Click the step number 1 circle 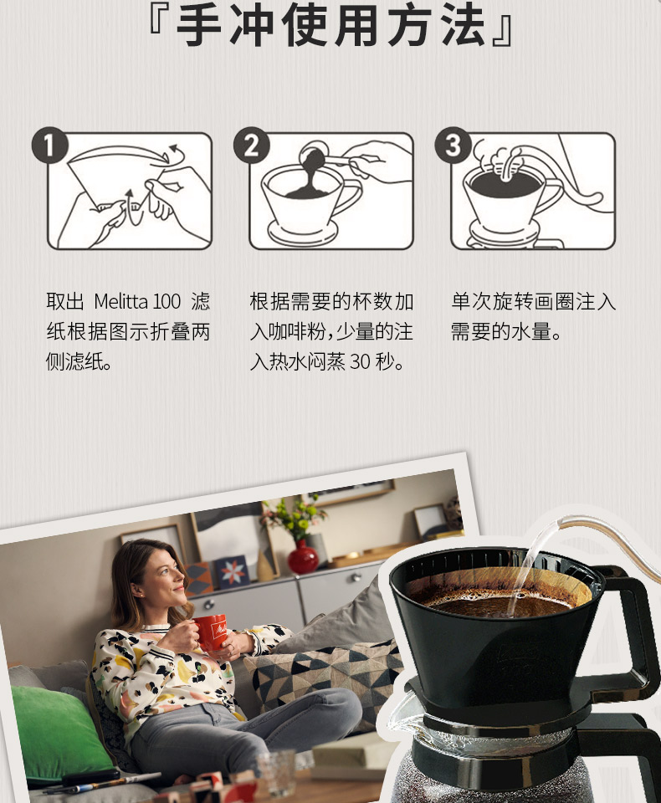click(49, 146)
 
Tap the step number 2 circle click(252, 146)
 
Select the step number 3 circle click(453, 146)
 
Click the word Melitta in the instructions click(120, 302)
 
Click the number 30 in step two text click(360, 362)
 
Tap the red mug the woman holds click(210, 632)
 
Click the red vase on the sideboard click(303, 558)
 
